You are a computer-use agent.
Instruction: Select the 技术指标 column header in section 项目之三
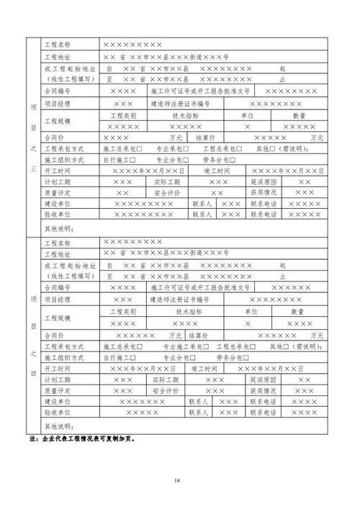(x=185, y=114)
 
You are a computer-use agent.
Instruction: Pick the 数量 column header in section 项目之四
(x=298, y=312)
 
